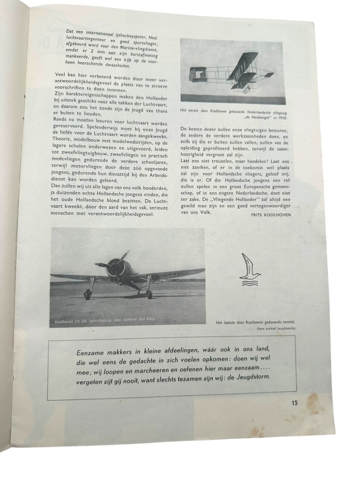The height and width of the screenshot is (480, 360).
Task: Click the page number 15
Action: click(294, 402)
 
